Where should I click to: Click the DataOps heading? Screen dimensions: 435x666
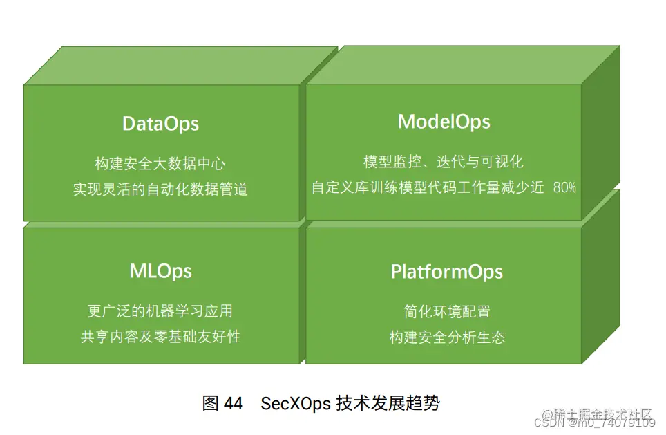click(160, 124)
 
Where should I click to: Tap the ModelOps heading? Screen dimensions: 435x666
click(444, 122)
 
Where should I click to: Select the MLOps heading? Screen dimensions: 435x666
click(160, 270)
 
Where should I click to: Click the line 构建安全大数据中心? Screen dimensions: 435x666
click(160, 164)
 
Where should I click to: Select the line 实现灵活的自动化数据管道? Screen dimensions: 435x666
click(160, 189)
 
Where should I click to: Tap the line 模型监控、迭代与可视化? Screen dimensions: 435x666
click(444, 162)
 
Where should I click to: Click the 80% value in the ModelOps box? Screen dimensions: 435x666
click(564, 187)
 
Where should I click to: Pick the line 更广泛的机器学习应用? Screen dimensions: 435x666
click(160, 311)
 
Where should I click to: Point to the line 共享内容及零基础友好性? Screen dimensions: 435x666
click(160, 337)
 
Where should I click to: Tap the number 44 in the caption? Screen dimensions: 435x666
click(234, 403)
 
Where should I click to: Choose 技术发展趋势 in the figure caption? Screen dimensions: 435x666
click(388, 403)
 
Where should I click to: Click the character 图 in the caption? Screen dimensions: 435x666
click(211, 403)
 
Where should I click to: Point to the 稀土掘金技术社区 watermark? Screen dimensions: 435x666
click(606, 414)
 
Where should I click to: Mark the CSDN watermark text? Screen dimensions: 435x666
click(553, 422)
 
